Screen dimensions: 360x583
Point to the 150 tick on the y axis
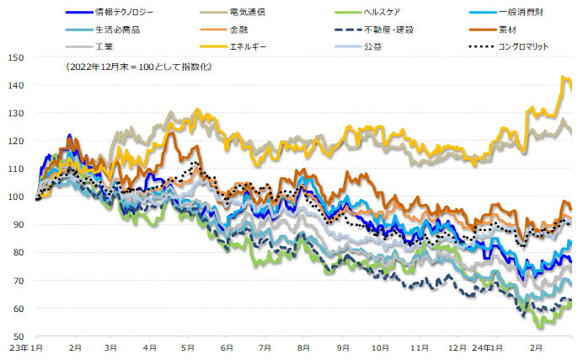click(16, 57)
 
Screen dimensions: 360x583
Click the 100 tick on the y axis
click(16, 196)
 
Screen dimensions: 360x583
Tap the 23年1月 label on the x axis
click(25, 347)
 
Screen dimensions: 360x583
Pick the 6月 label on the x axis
click(227, 347)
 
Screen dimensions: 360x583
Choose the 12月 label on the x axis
click(458, 347)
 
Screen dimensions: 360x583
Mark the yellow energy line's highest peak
click(562, 77)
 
